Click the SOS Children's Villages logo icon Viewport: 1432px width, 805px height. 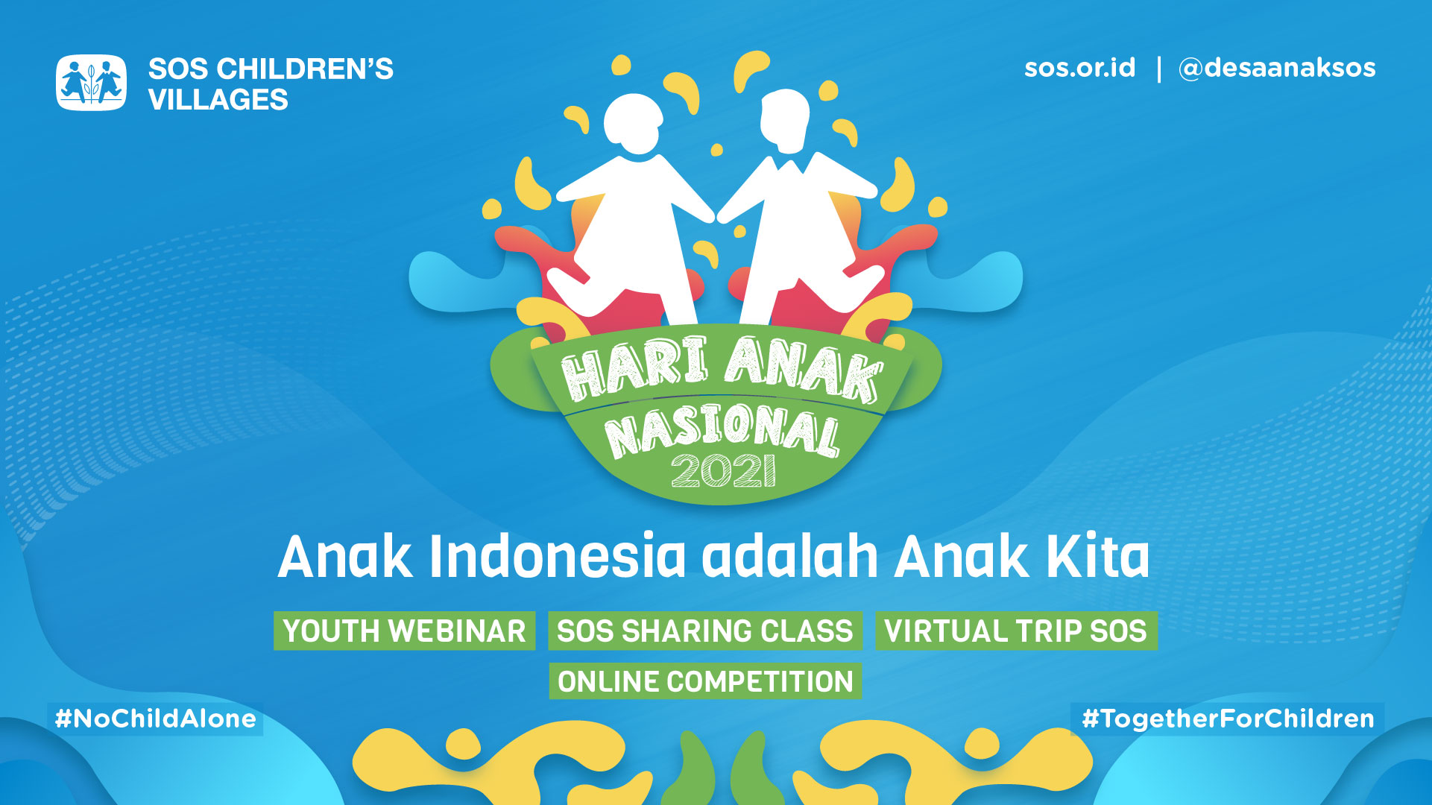(x=91, y=83)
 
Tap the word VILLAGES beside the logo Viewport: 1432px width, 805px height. (x=218, y=100)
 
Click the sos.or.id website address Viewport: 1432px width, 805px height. (x=1079, y=68)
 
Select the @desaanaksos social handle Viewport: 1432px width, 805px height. (x=1276, y=68)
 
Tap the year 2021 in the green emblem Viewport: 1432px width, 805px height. (x=723, y=470)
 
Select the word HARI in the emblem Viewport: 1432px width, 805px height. (x=634, y=367)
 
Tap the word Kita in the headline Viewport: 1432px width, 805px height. (x=1097, y=557)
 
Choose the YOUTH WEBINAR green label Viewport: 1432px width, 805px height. (x=404, y=631)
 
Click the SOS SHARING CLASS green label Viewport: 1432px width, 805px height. (x=704, y=631)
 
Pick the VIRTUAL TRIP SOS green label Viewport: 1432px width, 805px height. (x=1015, y=631)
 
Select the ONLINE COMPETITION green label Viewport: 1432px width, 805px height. (x=705, y=681)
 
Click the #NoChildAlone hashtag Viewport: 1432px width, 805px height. (x=155, y=719)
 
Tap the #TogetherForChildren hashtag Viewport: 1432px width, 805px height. (x=1227, y=719)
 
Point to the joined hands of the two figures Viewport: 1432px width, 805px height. (x=716, y=217)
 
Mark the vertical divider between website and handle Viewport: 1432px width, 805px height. (x=1158, y=69)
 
